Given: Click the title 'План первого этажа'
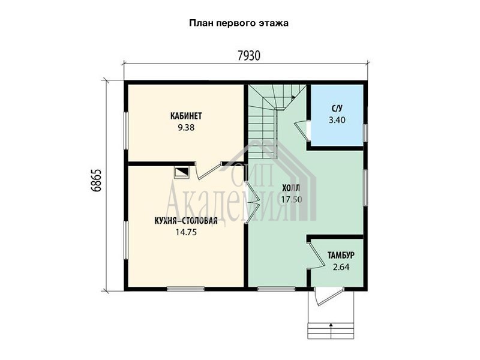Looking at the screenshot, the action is point(239,23).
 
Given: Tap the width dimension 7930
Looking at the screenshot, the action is point(249,56).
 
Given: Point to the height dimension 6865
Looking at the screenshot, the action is point(96,181).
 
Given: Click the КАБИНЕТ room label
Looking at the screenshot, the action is point(186,116).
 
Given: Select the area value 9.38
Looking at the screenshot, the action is point(186,127).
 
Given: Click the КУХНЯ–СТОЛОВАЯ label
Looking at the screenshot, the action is point(186,221).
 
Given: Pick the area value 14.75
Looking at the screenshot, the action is point(186,232).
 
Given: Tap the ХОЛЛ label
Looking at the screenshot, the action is point(291,188).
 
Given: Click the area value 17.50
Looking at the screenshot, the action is point(292,200).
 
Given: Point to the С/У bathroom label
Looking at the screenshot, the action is point(337,109).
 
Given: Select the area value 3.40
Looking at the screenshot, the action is point(337,120).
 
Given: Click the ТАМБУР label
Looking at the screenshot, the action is point(341,256).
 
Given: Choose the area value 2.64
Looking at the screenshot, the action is point(341,267).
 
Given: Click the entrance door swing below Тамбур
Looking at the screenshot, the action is point(328,296).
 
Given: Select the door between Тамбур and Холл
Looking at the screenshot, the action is point(317,256).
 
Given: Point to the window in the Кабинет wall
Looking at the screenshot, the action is point(126,131).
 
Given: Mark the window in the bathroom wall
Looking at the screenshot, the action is point(365,133).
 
